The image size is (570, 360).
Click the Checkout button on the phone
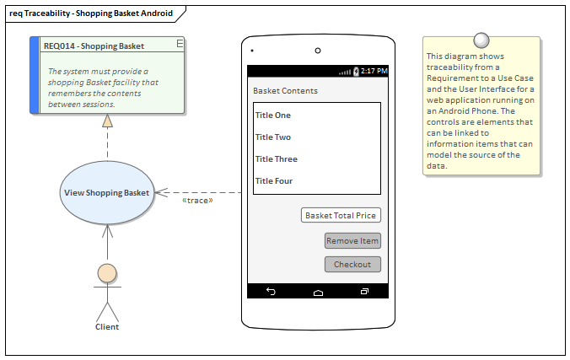pyautogui.click(x=352, y=265)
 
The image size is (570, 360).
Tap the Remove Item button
pyautogui.click(x=352, y=241)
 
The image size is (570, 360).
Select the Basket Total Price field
pyautogui.click(x=341, y=216)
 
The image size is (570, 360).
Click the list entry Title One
pyautogui.click(x=272, y=116)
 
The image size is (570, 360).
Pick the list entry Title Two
pyautogui.click(x=272, y=137)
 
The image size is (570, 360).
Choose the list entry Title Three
pyautogui.click(x=276, y=159)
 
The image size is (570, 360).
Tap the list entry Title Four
pyautogui.click(x=274, y=181)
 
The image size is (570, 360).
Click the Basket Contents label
pyautogui.click(x=285, y=91)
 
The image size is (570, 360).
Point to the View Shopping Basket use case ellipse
pyautogui.click(x=107, y=193)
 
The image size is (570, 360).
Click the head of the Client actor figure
pyautogui.click(x=107, y=272)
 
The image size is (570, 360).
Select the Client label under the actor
pyautogui.click(x=107, y=327)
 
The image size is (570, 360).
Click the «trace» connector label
pyautogui.click(x=197, y=201)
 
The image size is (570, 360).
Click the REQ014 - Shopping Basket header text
pyautogui.click(x=94, y=46)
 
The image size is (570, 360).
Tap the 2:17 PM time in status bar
pyautogui.click(x=374, y=72)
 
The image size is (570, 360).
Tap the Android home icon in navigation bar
pyautogui.click(x=318, y=292)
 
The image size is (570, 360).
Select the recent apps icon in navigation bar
pyautogui.click(x=364, y=292)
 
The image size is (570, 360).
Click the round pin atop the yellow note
pyautogui.click(x=481, y=39)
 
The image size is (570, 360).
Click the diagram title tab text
pyautogui.click(x=91, y=13)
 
